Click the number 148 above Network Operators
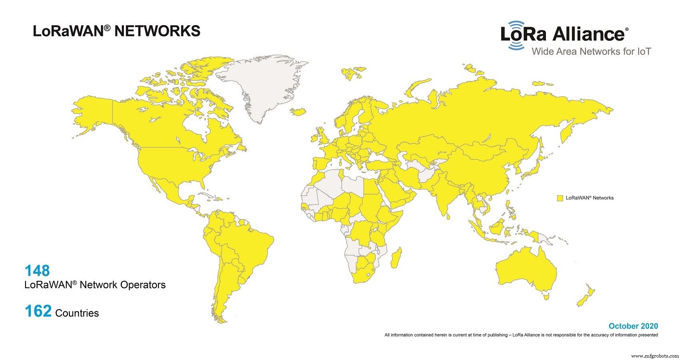pos(37,271)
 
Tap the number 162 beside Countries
pos(38,311)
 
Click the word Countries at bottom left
pos(77,313)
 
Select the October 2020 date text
pos(633,326)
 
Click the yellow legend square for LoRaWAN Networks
pos(560,198)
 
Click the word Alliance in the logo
pos(588,34)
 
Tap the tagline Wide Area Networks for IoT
pos(591,52)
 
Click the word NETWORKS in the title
pos(157,31)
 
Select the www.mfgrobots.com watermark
pos(655,356)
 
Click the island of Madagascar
pos(396,258)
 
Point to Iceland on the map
pos(299,111)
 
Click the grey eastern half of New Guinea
pos(544,239)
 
